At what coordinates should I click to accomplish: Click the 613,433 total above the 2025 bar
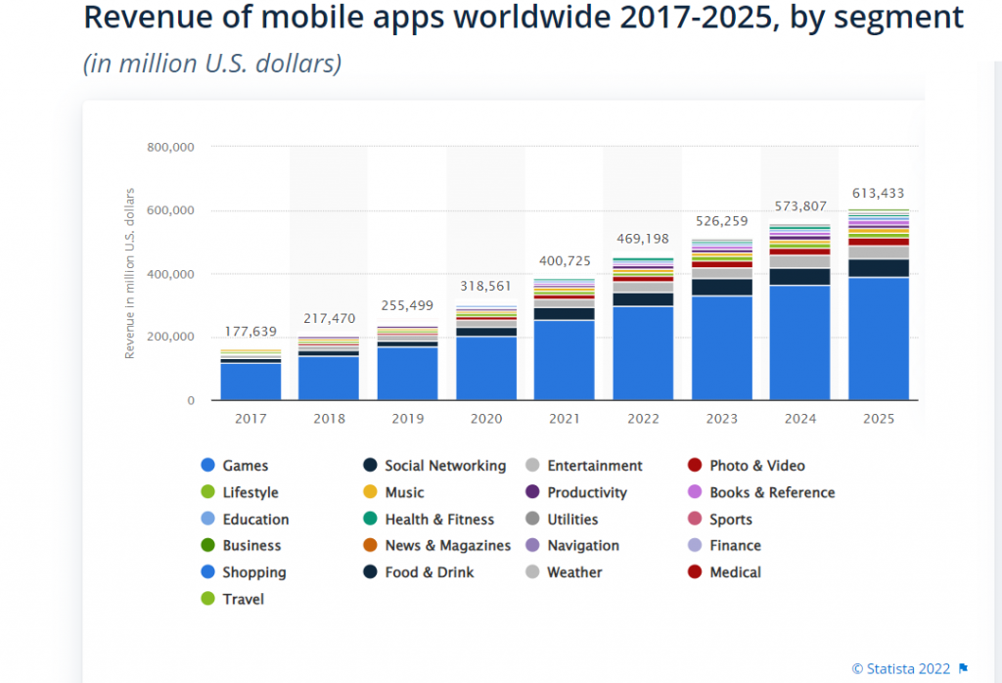coord(878,194)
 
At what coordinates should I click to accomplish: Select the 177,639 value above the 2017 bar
coord(250,332)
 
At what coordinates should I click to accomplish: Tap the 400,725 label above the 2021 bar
coord(565,261)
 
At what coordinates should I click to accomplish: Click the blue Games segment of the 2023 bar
coord(721,347)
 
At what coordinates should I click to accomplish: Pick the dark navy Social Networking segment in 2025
coord(878,267)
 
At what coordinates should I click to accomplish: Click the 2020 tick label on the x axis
coord(485,418)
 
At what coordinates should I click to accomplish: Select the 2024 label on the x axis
coord(799,418)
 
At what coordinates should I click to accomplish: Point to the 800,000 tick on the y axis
coord(171,147)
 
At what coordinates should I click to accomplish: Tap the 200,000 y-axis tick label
coord(171,338)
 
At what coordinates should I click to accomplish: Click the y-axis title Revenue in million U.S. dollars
coord(129,273)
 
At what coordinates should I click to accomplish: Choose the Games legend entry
coord(245,466)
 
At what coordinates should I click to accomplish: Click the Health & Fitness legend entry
coord(439,520)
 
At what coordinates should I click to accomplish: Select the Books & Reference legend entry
coord(772,492)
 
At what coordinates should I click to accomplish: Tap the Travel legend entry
coord(243,599)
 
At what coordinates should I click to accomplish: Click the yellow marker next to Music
coord(369,492)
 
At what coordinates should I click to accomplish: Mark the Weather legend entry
coord(574,572)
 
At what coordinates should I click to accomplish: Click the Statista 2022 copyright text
coord(901,668)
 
